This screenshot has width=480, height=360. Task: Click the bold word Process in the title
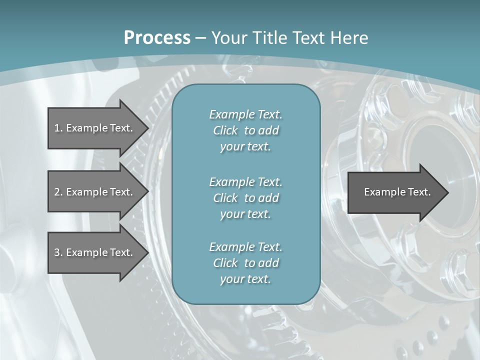[x=157, y=38]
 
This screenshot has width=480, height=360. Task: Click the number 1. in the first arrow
[x=58, y=128]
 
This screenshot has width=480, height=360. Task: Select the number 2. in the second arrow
[x=58, y=192]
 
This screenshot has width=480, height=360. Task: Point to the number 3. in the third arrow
[x=58, y=252]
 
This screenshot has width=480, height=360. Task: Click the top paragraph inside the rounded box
[x=246, y=130]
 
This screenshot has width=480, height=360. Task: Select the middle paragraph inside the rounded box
[x=246, y=198]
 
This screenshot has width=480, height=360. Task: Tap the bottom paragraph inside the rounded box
[x=246, y=263]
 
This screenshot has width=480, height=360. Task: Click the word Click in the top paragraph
[x=225, y=130]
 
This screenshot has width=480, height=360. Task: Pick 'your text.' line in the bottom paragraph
[x=245, y=279]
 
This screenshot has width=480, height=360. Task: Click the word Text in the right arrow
[x=419, y=192]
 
